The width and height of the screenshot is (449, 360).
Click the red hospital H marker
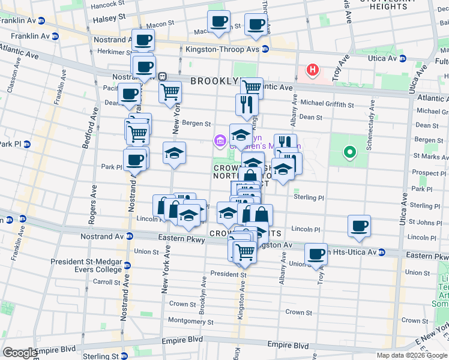tap(312, 71)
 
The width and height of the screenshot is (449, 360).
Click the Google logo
tap(20, 353)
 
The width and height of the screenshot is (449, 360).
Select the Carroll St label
tap(106, 281)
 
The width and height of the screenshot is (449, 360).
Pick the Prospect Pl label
tap(427, 173)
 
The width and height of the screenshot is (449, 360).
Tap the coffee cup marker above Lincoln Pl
tap(360, 226)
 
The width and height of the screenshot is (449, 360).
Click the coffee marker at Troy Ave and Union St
tap(316, 253)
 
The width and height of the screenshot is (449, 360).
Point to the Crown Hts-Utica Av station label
tap(346, 253)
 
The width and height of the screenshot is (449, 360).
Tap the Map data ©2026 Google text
tap(411, 355)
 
